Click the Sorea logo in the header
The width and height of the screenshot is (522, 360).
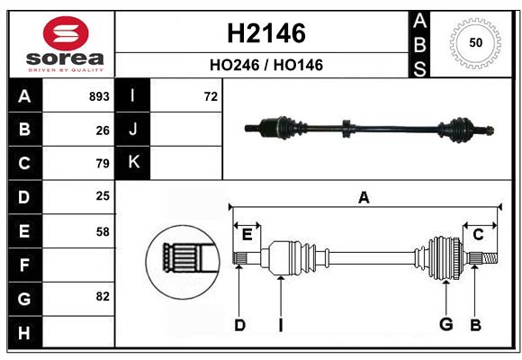(63, 44)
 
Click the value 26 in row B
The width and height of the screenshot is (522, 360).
(103, 130)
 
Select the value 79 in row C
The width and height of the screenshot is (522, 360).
(103, 164)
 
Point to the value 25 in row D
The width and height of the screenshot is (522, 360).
(103, 196)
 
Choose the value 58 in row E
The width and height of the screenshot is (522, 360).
(103, 230)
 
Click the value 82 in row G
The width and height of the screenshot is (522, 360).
(103, 296)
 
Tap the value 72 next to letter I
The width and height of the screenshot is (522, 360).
(211, 96)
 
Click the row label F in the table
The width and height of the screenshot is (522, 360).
(24, 265)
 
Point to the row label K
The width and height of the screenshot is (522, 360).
(133, 163)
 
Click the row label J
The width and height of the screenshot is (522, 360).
(133, 130)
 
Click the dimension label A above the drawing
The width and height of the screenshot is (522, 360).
(364, 197)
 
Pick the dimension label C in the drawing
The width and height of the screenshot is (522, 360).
(478, 235)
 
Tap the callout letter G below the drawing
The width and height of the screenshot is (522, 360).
(445, 325)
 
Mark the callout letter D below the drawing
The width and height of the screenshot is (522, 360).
(239, 325)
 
